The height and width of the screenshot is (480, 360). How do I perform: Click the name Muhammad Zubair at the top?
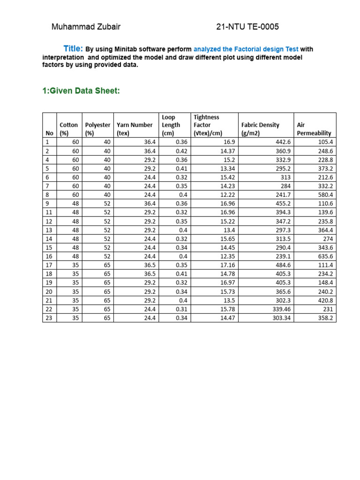(86, 27)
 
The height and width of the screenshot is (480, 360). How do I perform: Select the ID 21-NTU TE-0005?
(247, 27)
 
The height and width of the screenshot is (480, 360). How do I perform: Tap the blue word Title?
(74, 49)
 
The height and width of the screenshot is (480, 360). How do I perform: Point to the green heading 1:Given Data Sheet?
(81, 90)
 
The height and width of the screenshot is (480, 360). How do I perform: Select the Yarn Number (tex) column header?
(135, 129)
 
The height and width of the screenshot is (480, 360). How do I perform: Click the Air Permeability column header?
(314, 129)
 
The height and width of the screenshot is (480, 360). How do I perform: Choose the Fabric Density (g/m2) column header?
(260, 129)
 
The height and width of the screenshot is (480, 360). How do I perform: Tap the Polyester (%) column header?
(97, 129)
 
